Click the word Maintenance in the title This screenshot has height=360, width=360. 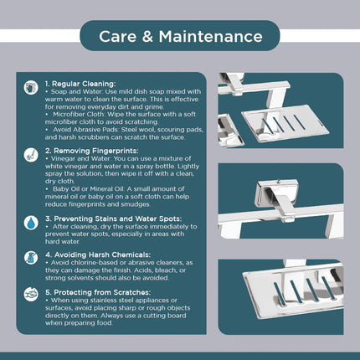pyautogui.click(x=211, y=37)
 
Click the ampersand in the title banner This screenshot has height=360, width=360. pyautogui.click(x=147, y=37)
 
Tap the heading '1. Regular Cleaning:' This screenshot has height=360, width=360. pyautogui.click(x=80, y=84)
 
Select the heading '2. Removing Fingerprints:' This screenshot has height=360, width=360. pyautogui.click(x=92, y=151)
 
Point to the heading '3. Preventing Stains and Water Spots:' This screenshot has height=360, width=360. pyautogui.click(x=114, y=219)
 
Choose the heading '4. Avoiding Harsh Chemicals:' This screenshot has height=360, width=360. pyautogui.click(x=98, y=255)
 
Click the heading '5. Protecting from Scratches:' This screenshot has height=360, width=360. pyautogui.click(x=98, y=292)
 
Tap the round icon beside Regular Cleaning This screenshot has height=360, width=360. pyautogui.click(x=31, y=88)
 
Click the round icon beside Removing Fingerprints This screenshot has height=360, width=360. pyautogui.click(x=31, y=155)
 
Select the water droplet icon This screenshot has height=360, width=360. pyautogui.click(x=31, y=223)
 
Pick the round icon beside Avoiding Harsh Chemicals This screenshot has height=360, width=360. pyautogui.click(x=31, y=258)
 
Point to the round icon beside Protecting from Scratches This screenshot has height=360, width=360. pyautogui.click(x=31, y=295)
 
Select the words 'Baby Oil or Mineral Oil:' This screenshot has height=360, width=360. pyautogui.click(x=89, y=189)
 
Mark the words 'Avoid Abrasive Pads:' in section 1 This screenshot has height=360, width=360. pyautogui.click(x=86, y=130)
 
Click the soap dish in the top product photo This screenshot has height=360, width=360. pyautogui.click(x=285, y=123)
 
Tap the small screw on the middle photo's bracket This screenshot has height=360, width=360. pyautogui.click(x=278, y=182)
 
